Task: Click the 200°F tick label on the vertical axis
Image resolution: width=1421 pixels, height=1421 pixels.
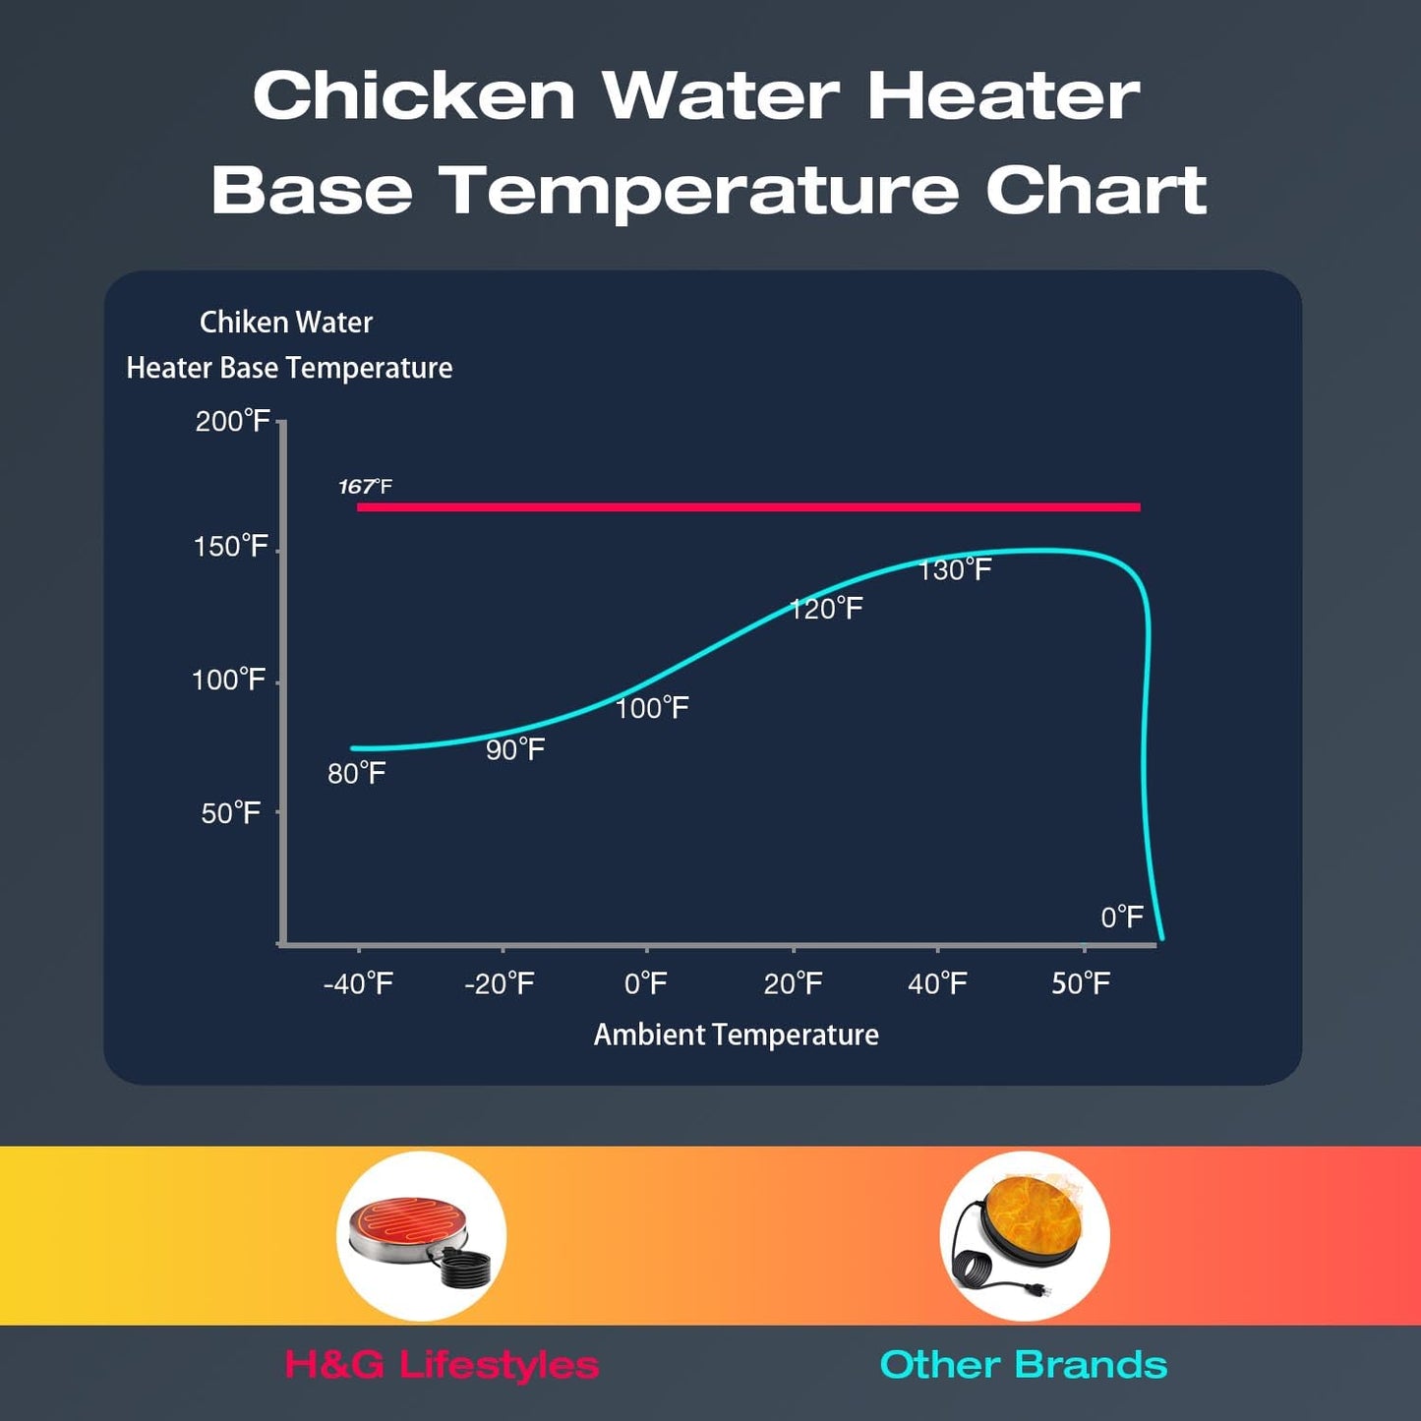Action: (232, 422)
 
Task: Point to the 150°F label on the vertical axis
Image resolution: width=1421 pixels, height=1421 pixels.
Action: (230, 547)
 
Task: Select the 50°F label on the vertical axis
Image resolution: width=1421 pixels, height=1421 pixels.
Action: (230, 813)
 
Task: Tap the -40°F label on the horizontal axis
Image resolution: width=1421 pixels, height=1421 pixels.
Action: (358, 983)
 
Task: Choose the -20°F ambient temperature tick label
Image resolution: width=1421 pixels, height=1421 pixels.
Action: (500, 983)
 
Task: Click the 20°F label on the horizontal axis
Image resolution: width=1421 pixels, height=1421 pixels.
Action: (793, 983)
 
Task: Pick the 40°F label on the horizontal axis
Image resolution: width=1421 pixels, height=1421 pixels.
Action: (937, 983)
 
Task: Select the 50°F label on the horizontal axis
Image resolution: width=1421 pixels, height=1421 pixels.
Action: (1081, 983)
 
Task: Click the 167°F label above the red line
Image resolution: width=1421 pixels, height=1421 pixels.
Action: (365, 487)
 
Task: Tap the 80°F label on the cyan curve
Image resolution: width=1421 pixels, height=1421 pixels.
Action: (356, 774)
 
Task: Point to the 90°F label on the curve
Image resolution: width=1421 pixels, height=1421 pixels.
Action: (515, 750)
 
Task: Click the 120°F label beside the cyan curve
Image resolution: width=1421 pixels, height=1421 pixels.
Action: (826, 610)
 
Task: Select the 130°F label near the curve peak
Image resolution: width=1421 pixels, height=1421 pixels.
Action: (955, 570)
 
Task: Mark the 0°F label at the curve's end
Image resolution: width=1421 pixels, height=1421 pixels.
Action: (1122, 918)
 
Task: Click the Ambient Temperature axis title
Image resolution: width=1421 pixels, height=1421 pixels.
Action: (736, 1035)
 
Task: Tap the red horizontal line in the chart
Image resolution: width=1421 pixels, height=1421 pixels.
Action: (747, 507)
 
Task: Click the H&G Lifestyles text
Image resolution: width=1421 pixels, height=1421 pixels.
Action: (442, 1365)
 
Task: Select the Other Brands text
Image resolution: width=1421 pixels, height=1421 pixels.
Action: (1023, 1365)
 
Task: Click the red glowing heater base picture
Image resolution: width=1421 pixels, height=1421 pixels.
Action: (421, 1236)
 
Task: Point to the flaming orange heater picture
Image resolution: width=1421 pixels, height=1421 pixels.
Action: (1025, 1236)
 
